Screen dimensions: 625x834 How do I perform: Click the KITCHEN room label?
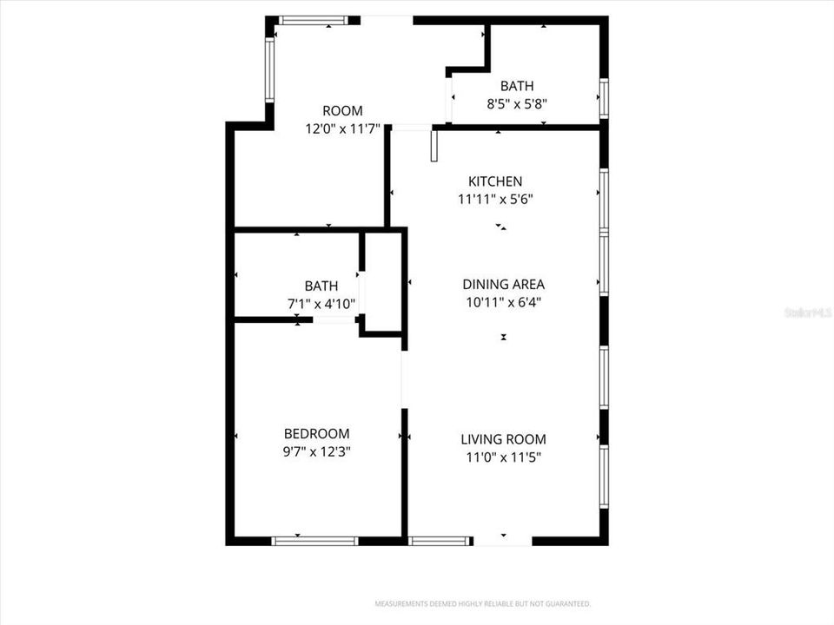[x=495, y=181]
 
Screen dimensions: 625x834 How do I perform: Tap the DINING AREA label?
[x=503, y=284]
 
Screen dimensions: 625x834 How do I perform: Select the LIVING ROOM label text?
[x=503, y=439]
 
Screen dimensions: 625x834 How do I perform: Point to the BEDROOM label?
[x=316, y=433]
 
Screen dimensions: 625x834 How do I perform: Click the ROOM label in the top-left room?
[x=342, y=111]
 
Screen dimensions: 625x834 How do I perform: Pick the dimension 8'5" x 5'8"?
[x=516, y=103]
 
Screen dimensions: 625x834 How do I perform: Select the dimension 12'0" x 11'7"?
[x=342, y=128]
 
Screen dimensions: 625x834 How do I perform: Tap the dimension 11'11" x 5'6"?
[x=495, y=199]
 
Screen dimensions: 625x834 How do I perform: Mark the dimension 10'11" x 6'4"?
[x=503, y=302]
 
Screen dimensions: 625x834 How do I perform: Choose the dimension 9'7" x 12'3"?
[x=316, y=451]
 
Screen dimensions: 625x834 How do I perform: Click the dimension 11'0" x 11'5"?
[x=503, y=457]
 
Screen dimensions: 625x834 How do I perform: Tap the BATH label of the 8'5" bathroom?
[x=516, y=86]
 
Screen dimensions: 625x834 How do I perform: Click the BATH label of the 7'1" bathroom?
[x=321, y=286]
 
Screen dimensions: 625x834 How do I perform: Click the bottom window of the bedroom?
[x=314, y=541]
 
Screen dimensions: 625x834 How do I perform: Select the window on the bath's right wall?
[x=603, y=96]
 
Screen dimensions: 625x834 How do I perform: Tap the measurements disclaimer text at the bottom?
[x=483, y=603]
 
